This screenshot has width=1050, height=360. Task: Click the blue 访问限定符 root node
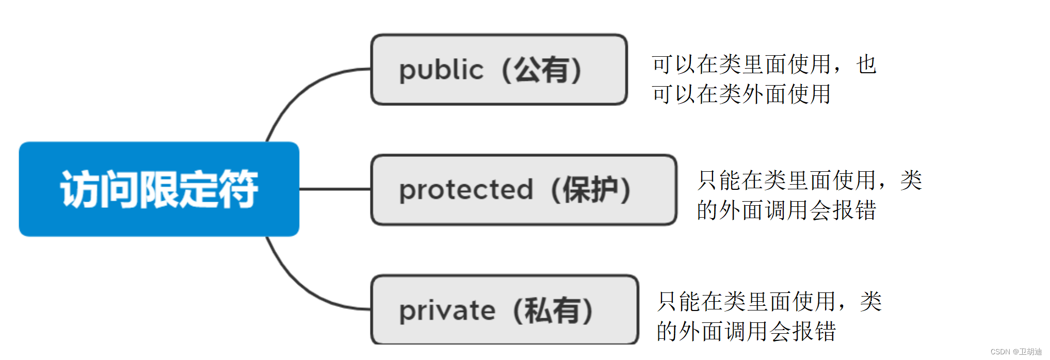point(159,189)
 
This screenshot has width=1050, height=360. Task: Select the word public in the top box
point(441,70)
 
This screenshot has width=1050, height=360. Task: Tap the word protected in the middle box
point(466,190)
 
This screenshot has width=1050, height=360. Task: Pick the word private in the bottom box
point(447,310)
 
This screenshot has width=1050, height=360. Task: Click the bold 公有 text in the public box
point(541,70)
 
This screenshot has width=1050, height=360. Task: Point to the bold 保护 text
point(590,190)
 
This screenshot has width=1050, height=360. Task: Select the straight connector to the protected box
point(335,189)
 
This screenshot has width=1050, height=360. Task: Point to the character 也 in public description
point(866,64)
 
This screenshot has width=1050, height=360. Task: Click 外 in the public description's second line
point(753,94)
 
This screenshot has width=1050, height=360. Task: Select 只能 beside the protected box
point(719,181)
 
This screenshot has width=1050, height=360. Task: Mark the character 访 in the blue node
point(80,189)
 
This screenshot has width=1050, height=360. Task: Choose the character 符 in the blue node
point(238,189)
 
